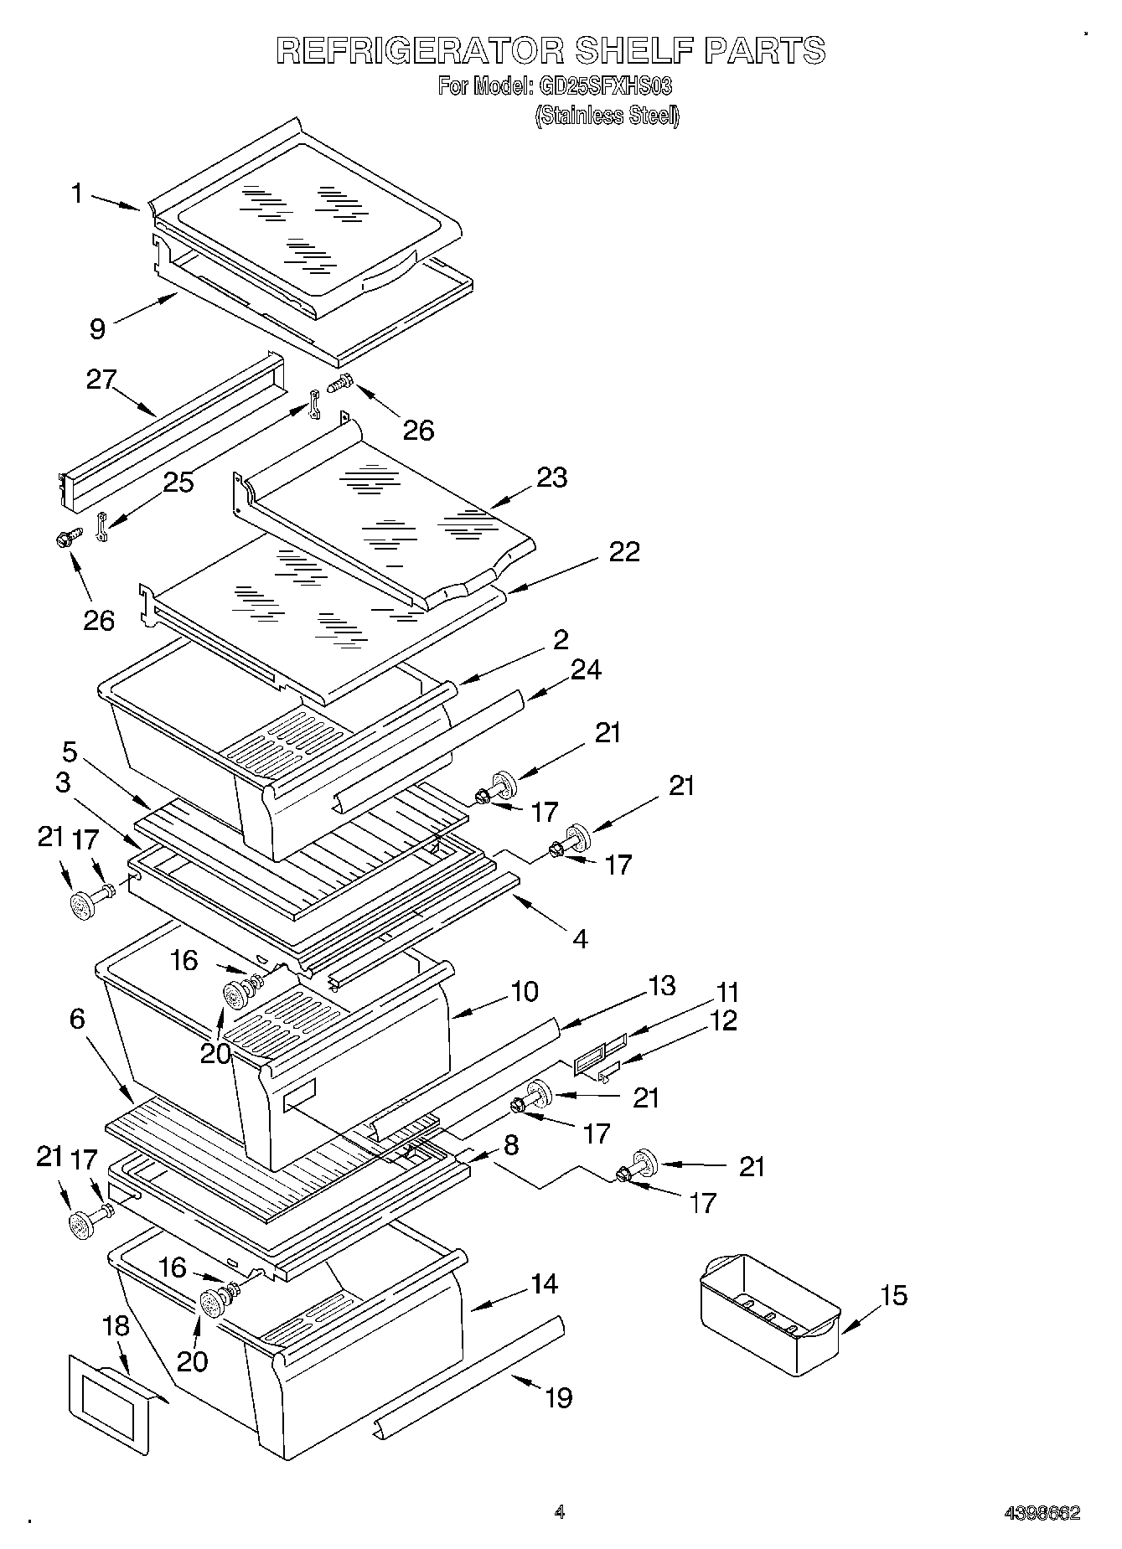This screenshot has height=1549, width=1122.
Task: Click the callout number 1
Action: (x=77, y=194)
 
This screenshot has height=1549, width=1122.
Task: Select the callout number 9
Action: (x=98, y=329)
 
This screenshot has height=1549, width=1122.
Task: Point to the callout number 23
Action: (x=552, y=478)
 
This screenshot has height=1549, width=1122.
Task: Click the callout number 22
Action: (x=624, y=551)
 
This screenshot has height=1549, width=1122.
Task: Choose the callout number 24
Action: (x=586, y=670)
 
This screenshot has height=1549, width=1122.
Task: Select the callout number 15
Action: (x=895, y=1296)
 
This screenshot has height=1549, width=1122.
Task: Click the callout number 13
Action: (x=661, y=986)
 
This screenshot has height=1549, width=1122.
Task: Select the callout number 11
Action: (x=727, y=993)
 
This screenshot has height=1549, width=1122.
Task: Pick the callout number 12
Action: (x=722, y=1020)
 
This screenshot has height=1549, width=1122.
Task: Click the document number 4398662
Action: (x=1042, y=1513)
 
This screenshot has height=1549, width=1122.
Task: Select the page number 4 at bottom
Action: (x=559, y=1512)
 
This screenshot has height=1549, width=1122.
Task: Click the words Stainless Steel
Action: (x=608, y=116)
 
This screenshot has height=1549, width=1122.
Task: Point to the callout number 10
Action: (x=525, y=992)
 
